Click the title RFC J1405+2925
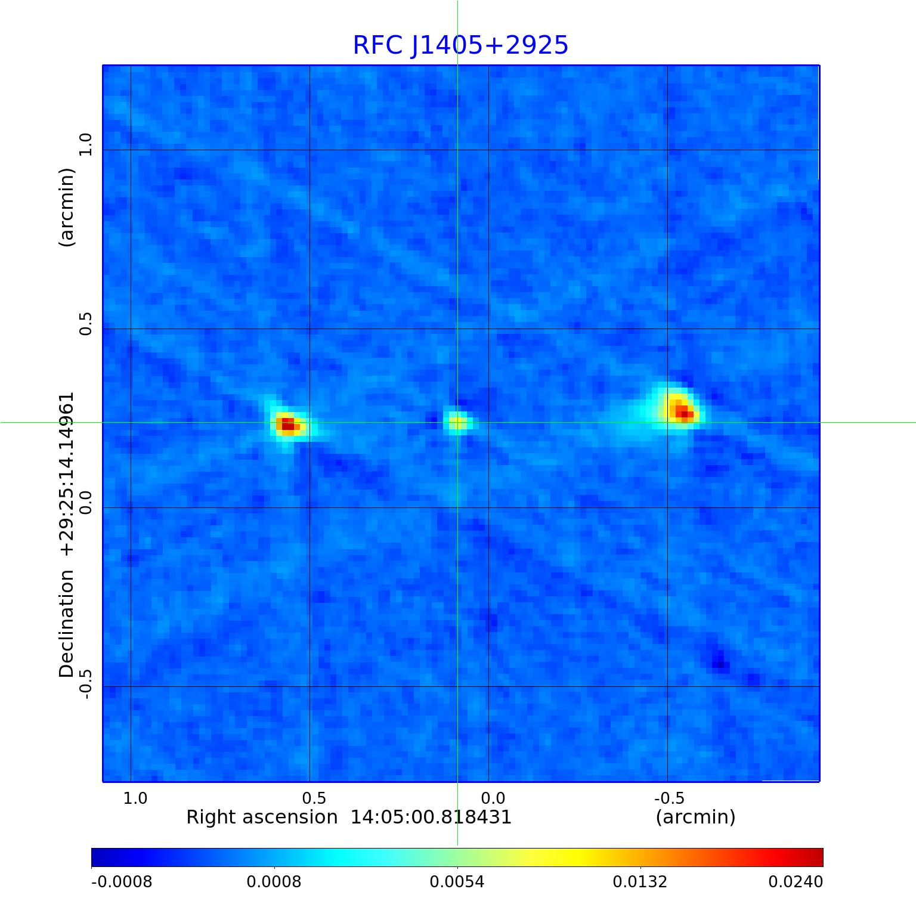(x=460, y=45)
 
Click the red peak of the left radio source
(x=288, y=425)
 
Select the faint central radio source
(x=457, y=423)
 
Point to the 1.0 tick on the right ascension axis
(x=135, y=798)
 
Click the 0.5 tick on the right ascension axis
(x=314, y=798)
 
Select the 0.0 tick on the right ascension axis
(x=493, y=798)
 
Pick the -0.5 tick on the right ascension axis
(x=669, y=798)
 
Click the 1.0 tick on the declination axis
(x=86, y=145)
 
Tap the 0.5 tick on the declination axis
(x=86, y=324)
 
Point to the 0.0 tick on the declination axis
(x=86, y=503)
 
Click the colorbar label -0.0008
(x=122, y=881)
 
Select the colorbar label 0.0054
(x=457, y=881)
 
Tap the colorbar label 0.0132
(x=640, y=881)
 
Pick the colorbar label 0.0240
(x=796, y=881)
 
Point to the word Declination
(x=66, y=624)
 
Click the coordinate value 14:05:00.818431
(x=431, y=817)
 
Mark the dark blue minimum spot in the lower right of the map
(x=719, y=664)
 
